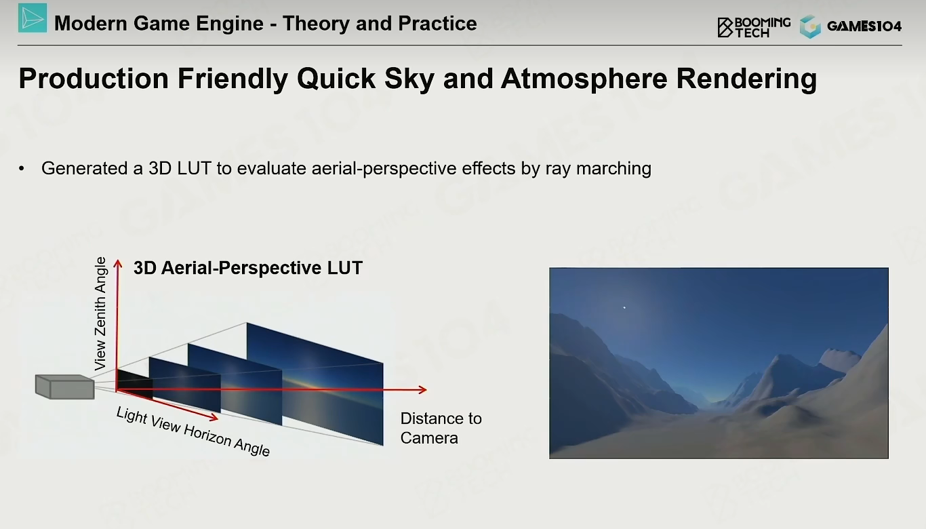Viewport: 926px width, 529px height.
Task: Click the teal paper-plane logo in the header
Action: [x=33, y=18]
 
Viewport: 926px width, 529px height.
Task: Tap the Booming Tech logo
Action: [x=754, y=27]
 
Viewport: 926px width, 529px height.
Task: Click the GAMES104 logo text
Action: [x=864, y=26]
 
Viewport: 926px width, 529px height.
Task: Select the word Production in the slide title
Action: [x=94, y=78]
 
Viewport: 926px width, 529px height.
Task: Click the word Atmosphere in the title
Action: [x=584, y=78]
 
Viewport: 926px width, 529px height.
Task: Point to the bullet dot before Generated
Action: [x=22, y=169]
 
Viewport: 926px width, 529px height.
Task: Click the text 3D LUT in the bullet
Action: [x=180, y=168]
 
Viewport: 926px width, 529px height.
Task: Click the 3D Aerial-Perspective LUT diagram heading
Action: [x=248, y=268]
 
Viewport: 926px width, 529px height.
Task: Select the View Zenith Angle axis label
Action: [x=100, y=313]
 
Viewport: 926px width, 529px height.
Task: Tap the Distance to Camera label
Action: [x=441, y=428]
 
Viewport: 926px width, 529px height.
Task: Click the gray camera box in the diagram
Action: [x=65, y=387]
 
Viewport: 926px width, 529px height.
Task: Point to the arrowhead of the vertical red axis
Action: [x=118, y=264]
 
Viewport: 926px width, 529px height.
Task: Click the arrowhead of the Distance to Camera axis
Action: [x=423, y=389]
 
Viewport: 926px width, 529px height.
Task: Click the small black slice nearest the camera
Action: [x=134, y=385]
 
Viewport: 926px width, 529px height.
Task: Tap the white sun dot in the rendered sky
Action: [x=624, y=307]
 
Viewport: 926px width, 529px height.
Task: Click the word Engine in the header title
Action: [x=229, y=24]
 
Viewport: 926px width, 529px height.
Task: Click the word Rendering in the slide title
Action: [x=746, y=79]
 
